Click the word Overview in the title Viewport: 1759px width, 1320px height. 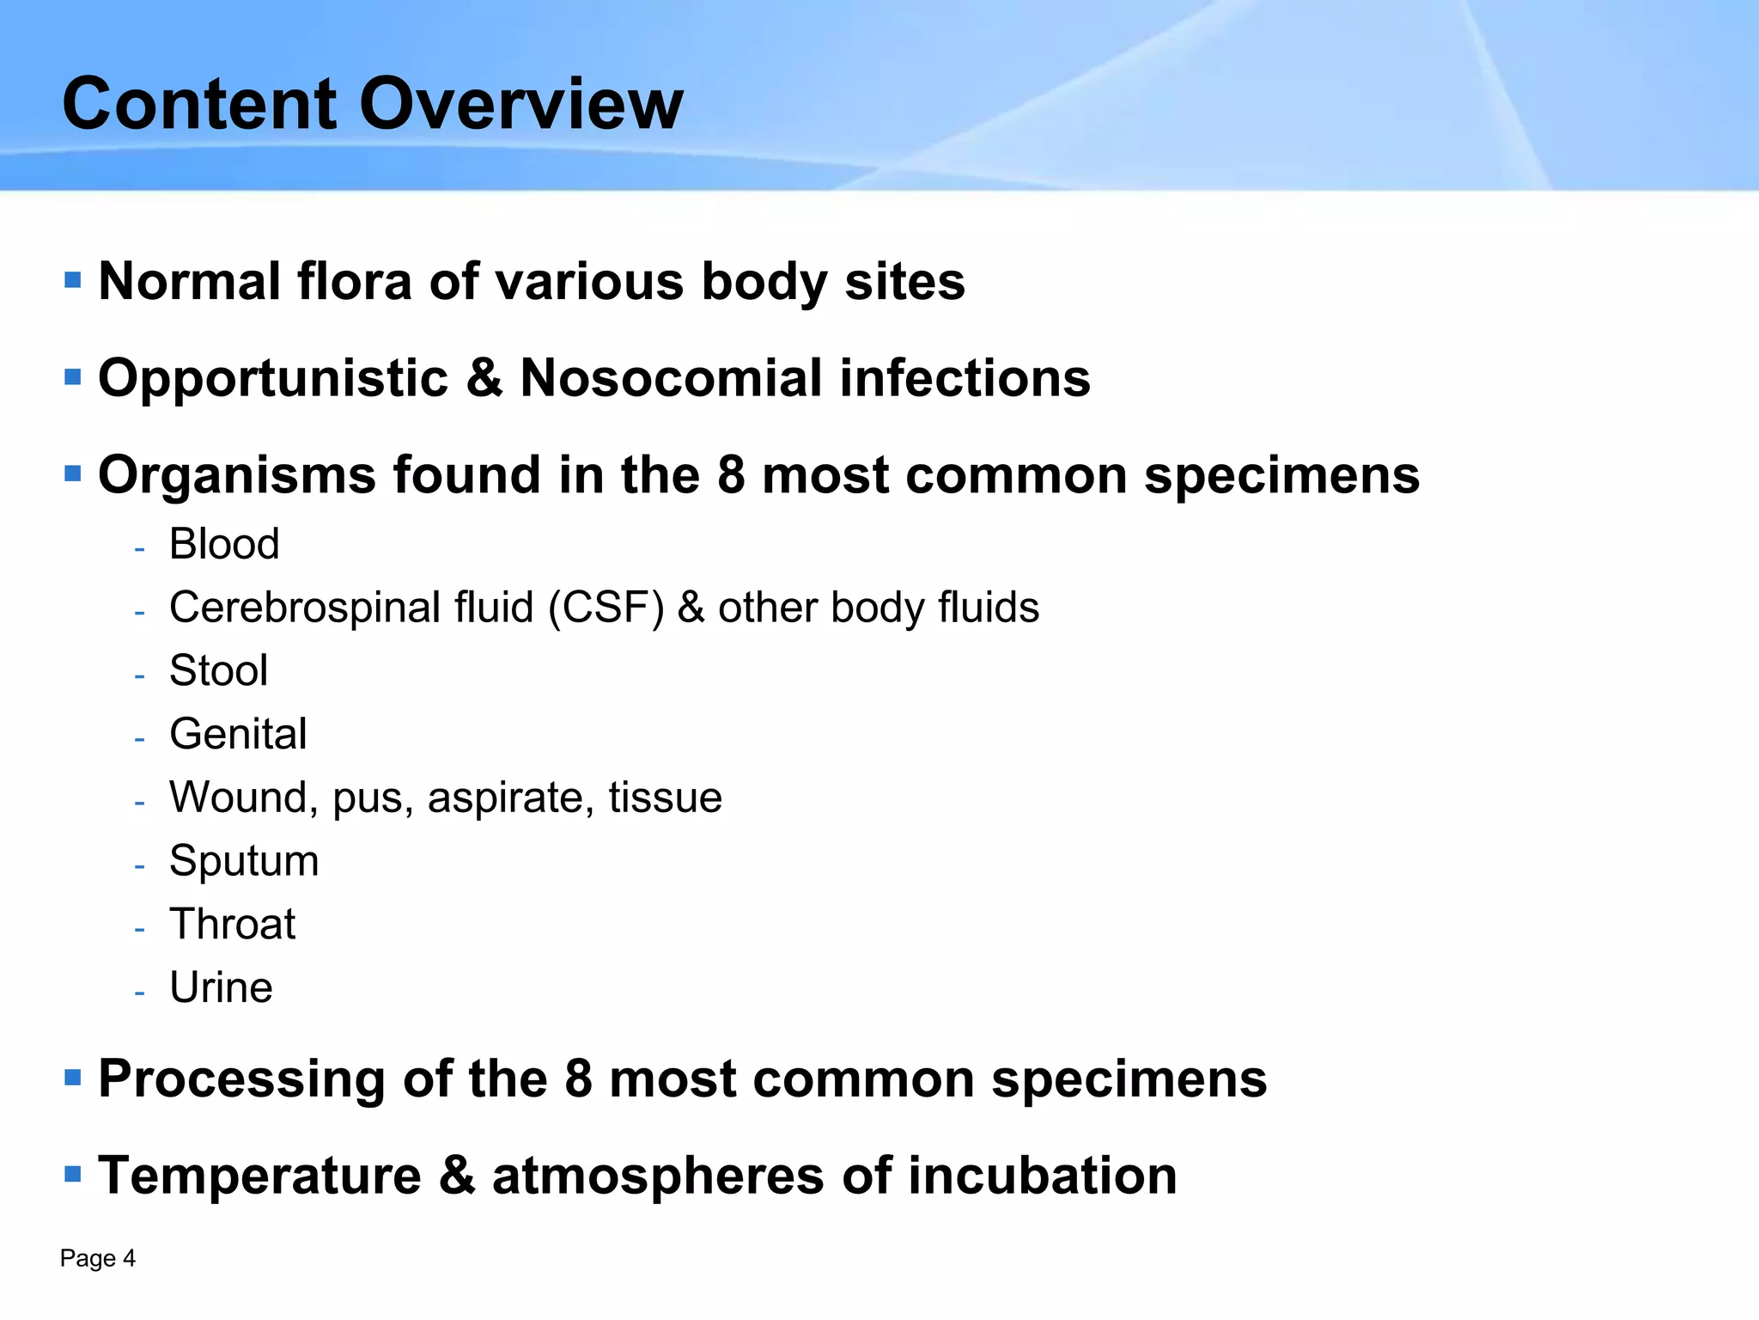[x=521, y=104]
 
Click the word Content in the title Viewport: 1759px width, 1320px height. [x=200, y=104]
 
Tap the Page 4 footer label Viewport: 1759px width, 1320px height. [x=98, y=1259]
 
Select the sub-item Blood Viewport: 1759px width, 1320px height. [x=224, y=544]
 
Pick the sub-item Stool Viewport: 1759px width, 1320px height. [x=218, y=670]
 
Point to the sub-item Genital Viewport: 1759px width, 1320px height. [x=238, y=734]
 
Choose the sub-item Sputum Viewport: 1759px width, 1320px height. [x=244, y=861]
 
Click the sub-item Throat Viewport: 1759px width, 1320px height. [x=232, y=925]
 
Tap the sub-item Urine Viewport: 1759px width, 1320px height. [x=221, y=987]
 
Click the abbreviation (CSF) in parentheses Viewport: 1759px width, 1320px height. [x=606, y=608]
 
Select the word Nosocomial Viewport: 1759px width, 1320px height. [x=672, y=378]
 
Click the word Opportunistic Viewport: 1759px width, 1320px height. [x=273, y=380]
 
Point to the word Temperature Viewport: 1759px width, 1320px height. [x=259, y=1176]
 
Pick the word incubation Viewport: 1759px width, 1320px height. [x=1042, y=1176]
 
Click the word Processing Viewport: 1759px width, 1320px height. [x=242, y=1079]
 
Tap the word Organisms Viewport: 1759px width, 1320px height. [x=237, y=475]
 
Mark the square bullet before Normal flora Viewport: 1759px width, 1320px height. [x=73, y=280]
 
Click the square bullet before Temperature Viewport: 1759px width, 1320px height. [x=73, y=1174]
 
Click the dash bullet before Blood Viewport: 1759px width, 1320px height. [x=139, y=548]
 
